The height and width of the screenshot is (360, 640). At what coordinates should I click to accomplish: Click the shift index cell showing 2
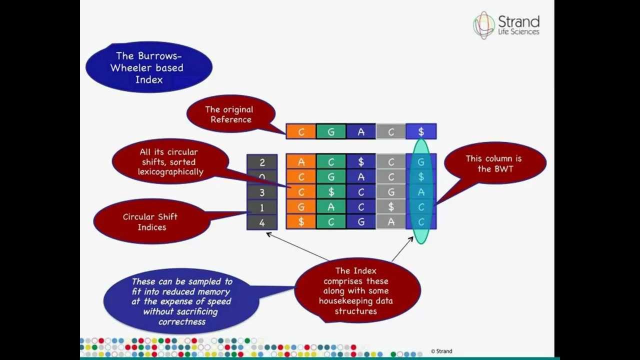coord(262,162)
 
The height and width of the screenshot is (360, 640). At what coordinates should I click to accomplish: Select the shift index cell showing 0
coord(262,177)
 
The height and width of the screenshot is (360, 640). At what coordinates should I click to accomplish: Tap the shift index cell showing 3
coord(262,192)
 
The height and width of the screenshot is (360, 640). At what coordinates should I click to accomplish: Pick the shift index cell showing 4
coord(262,222)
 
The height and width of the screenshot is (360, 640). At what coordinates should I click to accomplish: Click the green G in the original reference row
coord(331,131)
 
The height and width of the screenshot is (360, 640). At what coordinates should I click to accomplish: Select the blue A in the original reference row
coord(361,131)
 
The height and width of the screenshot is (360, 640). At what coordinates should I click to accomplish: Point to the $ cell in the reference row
coord(421,131)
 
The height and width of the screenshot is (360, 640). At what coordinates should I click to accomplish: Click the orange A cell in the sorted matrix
coord(301,162)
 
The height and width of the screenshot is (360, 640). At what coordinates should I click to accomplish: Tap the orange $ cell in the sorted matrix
coord(301,222)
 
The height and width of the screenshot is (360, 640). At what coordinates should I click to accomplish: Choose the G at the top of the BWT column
coord(421,162)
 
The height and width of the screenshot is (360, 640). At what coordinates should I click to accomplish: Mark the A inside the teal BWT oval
coord(421,192)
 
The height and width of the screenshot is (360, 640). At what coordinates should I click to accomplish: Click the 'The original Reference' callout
coord(230,114)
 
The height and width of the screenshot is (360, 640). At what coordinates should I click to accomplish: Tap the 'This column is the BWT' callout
coord(493,163)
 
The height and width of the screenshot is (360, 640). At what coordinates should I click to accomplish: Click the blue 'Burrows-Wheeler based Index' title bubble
coord(148,67)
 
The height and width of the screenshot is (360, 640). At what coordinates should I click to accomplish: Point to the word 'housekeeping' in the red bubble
coord(355,301)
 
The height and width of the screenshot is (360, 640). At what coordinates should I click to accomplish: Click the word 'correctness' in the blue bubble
coord(182,321)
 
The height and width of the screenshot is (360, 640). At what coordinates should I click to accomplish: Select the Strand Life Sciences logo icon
coord(483,25)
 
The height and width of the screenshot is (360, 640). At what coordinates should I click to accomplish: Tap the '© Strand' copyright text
coord(441,351)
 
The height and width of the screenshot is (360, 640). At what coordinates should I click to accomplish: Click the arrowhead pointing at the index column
coord(268,233)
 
